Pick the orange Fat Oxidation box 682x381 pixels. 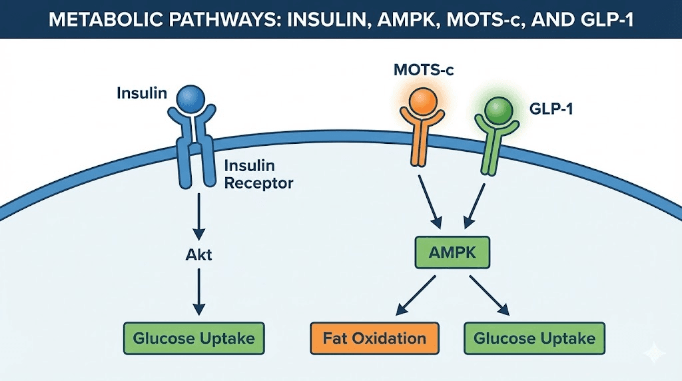pos(374,338)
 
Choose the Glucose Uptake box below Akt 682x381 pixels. pos(194,338)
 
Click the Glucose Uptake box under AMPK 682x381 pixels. pos(534,338)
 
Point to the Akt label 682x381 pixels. pos(197,254)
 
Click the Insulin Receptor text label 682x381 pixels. pos(258,174)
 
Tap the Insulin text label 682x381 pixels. pos(141,93)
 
